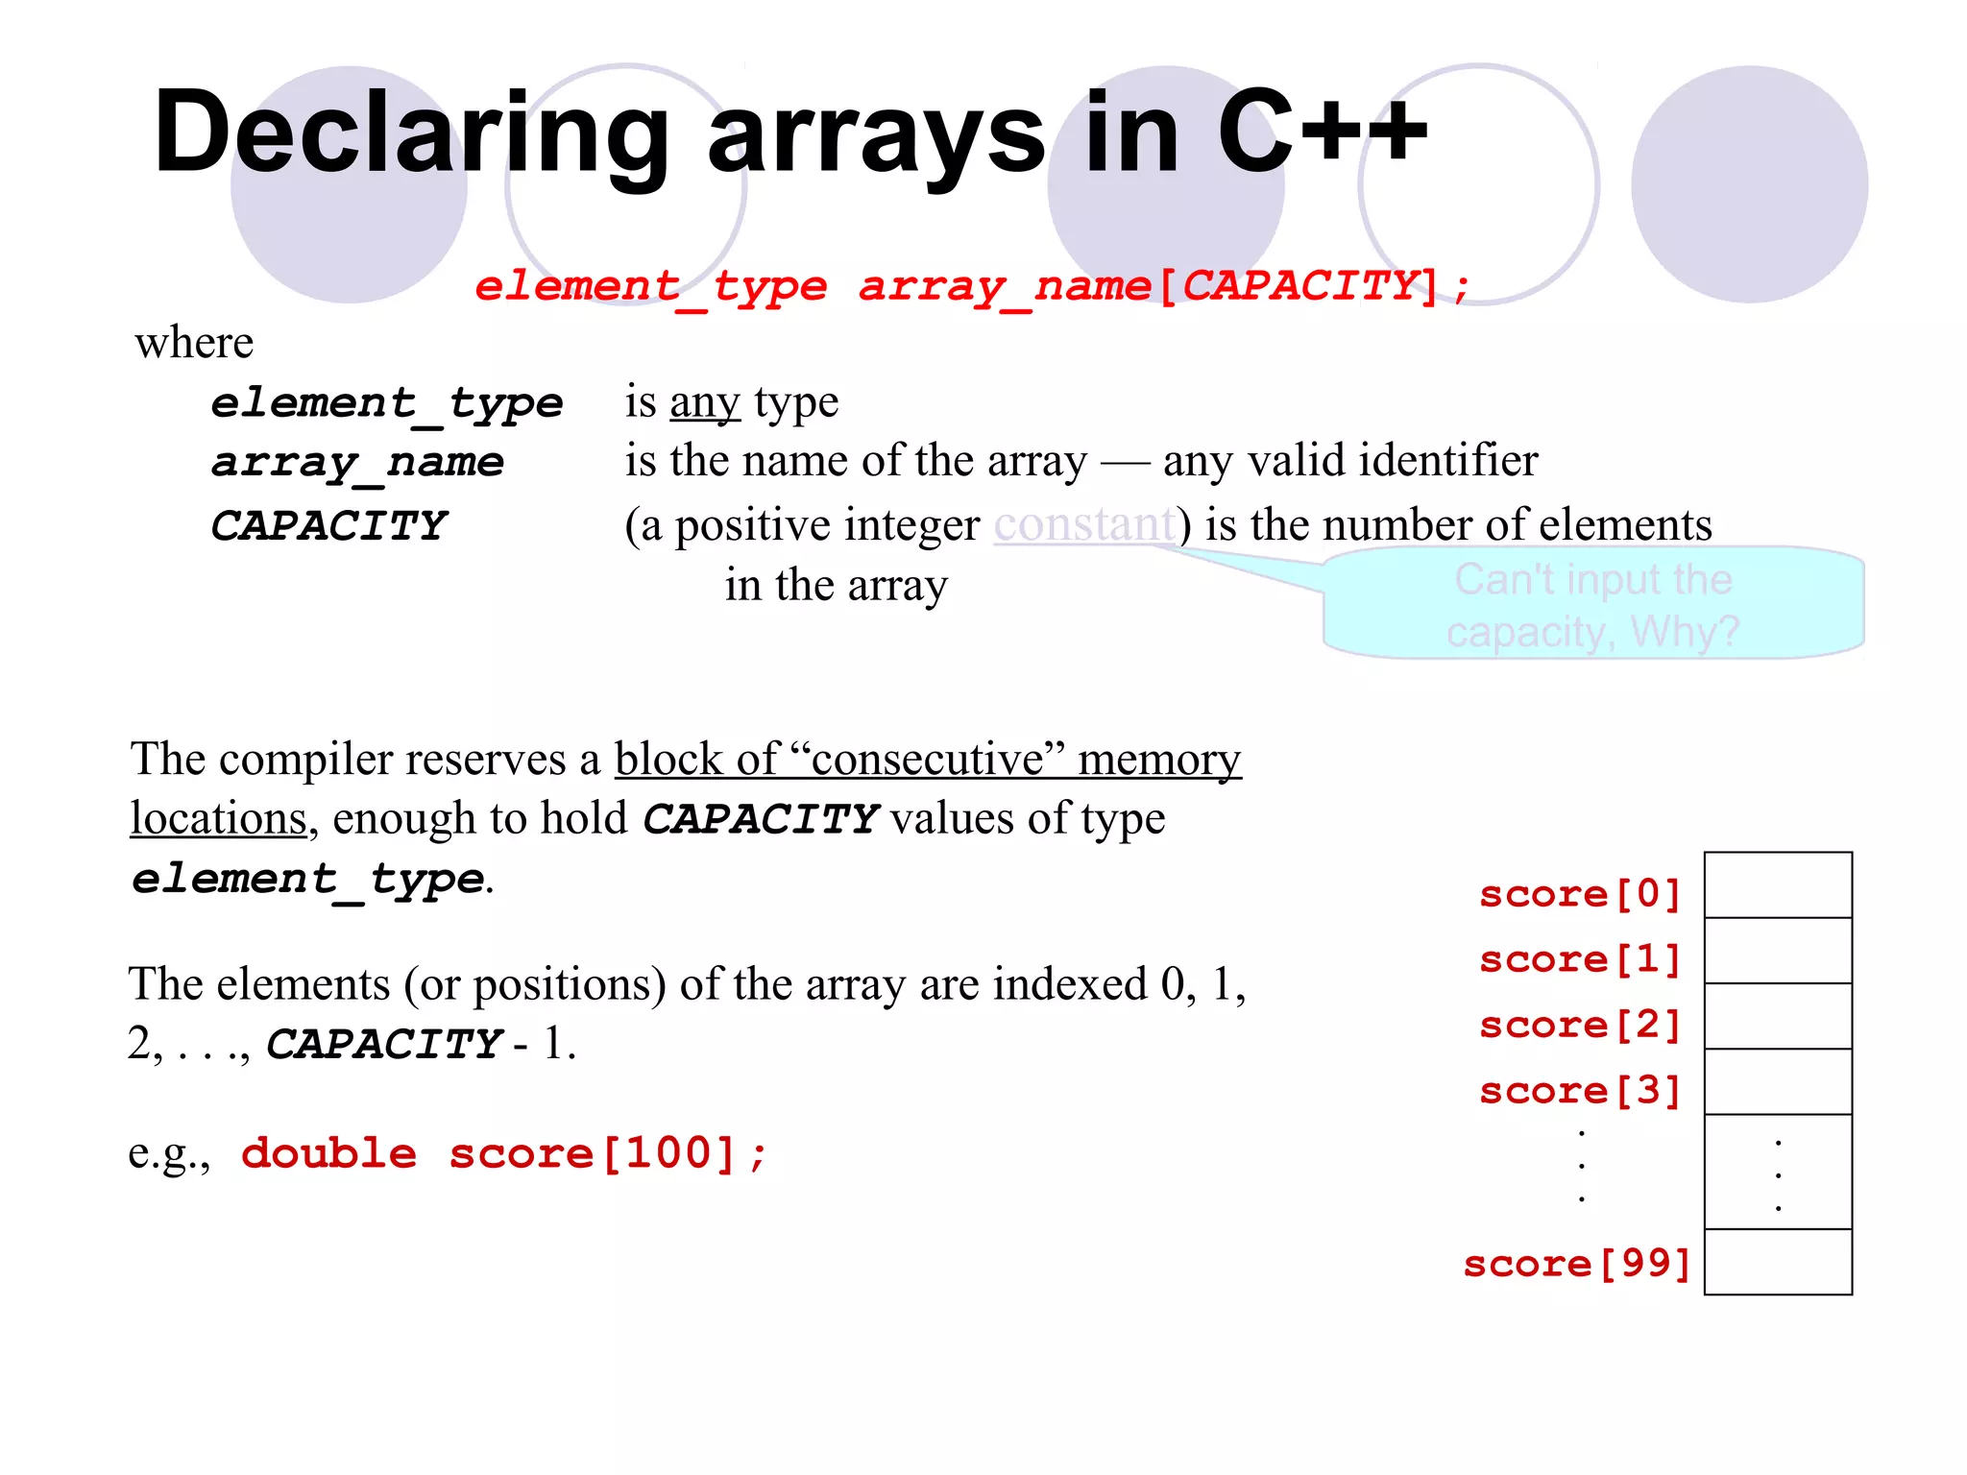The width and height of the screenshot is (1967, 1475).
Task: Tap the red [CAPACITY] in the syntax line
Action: click(x=1300, y=286)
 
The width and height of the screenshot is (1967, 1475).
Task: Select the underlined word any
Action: click(x=705, y=402)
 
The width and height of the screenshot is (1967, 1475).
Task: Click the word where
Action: click(x=194, y=343)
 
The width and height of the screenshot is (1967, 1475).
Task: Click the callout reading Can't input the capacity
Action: click(x=1593, y=605)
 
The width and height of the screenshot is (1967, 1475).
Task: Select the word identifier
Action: click(x=1445, y=461)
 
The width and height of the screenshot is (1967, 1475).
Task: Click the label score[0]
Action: click(x=1580, y=894)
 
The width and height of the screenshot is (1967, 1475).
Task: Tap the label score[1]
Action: click(x=1580, y=959)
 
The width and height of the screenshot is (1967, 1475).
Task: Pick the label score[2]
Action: click(x=1580, y=1025)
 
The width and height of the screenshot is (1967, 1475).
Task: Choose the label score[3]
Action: click(x=1580, y=1091)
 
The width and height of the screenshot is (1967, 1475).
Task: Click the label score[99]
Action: click(x=1576, y=1264)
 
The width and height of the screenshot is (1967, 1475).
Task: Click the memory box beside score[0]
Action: click(x=1778, y=885)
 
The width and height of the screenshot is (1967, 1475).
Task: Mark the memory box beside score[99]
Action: click(x=1778, y=1262)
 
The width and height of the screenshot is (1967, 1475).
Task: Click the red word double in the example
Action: click(x=328, y=1153)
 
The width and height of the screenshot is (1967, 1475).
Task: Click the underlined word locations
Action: click(x=218, y=819)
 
